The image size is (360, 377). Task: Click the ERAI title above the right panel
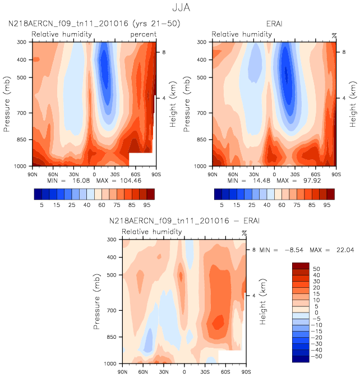(274, 24)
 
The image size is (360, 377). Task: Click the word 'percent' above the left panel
(143, 34)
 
